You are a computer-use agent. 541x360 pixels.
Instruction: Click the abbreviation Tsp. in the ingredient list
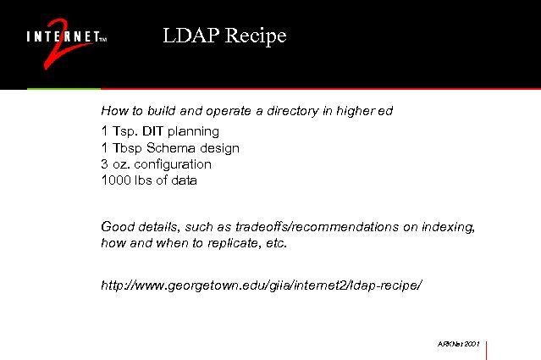click(124, 131)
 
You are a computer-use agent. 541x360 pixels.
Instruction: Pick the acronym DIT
click(153, 131)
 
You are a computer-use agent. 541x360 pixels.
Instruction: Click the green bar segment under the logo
click(63, 88)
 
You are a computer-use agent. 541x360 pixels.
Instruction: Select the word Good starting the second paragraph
click(117, 227)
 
